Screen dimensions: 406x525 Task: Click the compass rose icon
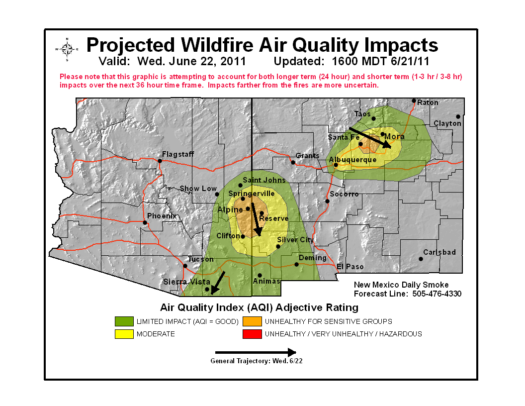67,49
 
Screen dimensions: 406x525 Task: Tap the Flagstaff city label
178,154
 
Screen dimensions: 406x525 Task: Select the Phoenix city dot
145,222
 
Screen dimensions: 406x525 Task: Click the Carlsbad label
439,252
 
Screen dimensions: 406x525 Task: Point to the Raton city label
428,102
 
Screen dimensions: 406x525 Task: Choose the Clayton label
447,123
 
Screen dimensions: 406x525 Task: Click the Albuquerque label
353,160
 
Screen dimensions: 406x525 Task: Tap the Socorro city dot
327,201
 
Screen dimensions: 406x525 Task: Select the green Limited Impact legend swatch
124,321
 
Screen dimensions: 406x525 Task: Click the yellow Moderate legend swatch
124,334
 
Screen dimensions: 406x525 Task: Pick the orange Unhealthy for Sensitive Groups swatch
252,321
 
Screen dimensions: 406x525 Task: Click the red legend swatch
252,334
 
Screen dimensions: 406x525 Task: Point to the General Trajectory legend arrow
256,352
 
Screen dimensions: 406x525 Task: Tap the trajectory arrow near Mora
373,136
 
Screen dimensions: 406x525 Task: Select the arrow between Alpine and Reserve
256,219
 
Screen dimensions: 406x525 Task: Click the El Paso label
350,267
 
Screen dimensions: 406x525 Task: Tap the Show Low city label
198,189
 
